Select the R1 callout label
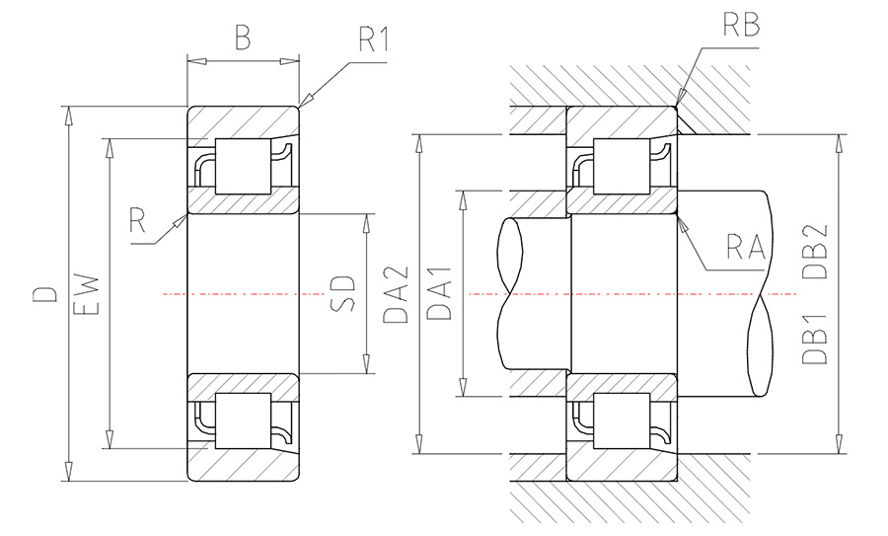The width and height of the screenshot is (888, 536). point(374,39)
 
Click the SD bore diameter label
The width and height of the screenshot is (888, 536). point(342,293)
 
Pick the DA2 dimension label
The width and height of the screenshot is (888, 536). point(396,294)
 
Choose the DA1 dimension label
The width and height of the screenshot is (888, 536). point(439,293)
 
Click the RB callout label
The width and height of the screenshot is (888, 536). point(741,25)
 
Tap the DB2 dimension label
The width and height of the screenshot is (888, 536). point(815,252)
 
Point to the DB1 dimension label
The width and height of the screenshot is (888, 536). point(815,339)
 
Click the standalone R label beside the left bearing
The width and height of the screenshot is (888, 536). point(137,220)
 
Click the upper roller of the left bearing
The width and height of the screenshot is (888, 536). point(243,166)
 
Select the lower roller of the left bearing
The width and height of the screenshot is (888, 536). point(243,421)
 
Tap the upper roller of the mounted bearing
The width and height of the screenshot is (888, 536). point(622,166)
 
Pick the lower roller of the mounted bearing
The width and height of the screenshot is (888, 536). point(622,421)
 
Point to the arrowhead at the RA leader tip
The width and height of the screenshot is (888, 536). point(683,224)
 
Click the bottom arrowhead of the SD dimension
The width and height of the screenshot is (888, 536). point(366,364)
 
